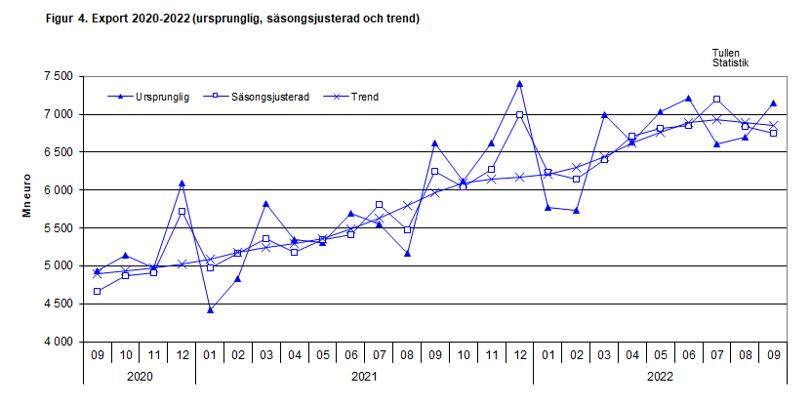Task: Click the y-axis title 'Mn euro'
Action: (x=28, y=209)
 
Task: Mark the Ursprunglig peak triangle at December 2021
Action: (x=519, y=84)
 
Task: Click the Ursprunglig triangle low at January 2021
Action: (x=210, y=310)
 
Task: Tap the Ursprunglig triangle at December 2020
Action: (x=182, y=183)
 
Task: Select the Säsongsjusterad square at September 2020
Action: (x=98, y=292)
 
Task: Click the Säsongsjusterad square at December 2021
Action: (x=519, y=115)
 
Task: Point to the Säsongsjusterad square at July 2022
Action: (x=716, y=100)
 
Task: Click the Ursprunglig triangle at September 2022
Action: (x=773, y=103)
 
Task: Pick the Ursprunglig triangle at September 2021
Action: (x=435, y=143)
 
